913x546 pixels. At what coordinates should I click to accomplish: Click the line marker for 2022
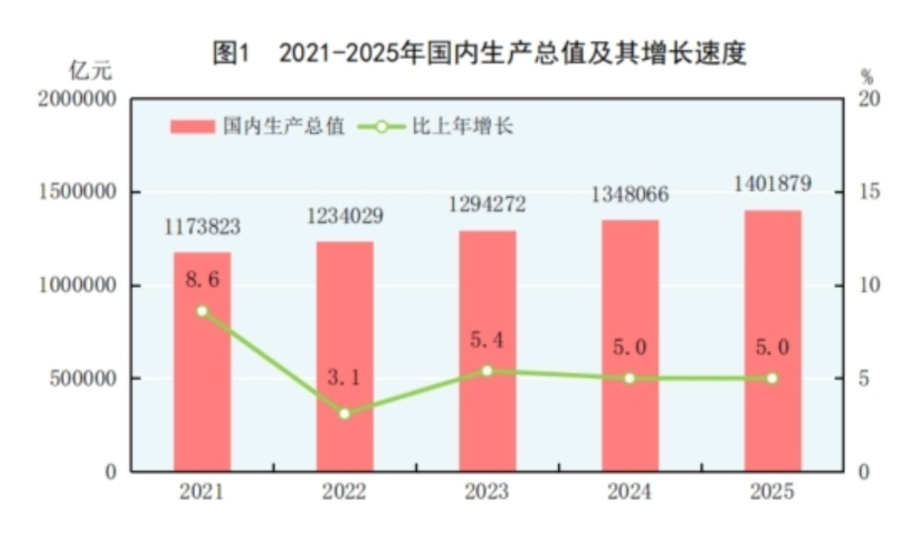(x=345, y=414)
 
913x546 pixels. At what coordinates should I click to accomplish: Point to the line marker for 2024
(x=630, y=378)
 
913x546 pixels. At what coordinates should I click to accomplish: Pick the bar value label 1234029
(x=345, y=216)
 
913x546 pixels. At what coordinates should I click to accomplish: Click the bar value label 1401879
(x=773, y=184)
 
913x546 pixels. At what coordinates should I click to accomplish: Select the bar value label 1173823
(x=202, y=227)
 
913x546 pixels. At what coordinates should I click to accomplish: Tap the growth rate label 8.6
(x=202, y=280)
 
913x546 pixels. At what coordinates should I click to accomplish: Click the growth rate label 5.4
(x=487, y=339)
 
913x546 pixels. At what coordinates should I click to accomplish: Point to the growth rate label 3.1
(x=344, y=377)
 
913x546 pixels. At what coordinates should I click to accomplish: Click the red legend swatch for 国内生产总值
(x=192, y=127)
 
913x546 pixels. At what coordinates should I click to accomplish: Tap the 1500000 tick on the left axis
(x=77, y=192)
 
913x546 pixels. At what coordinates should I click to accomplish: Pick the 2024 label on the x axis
(x=630, y=492)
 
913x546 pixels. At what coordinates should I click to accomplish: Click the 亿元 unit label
(x=91, y=71)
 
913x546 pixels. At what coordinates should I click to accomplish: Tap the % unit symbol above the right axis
(x=867, y=77)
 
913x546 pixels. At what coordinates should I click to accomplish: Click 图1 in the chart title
(x=231, y=53)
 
